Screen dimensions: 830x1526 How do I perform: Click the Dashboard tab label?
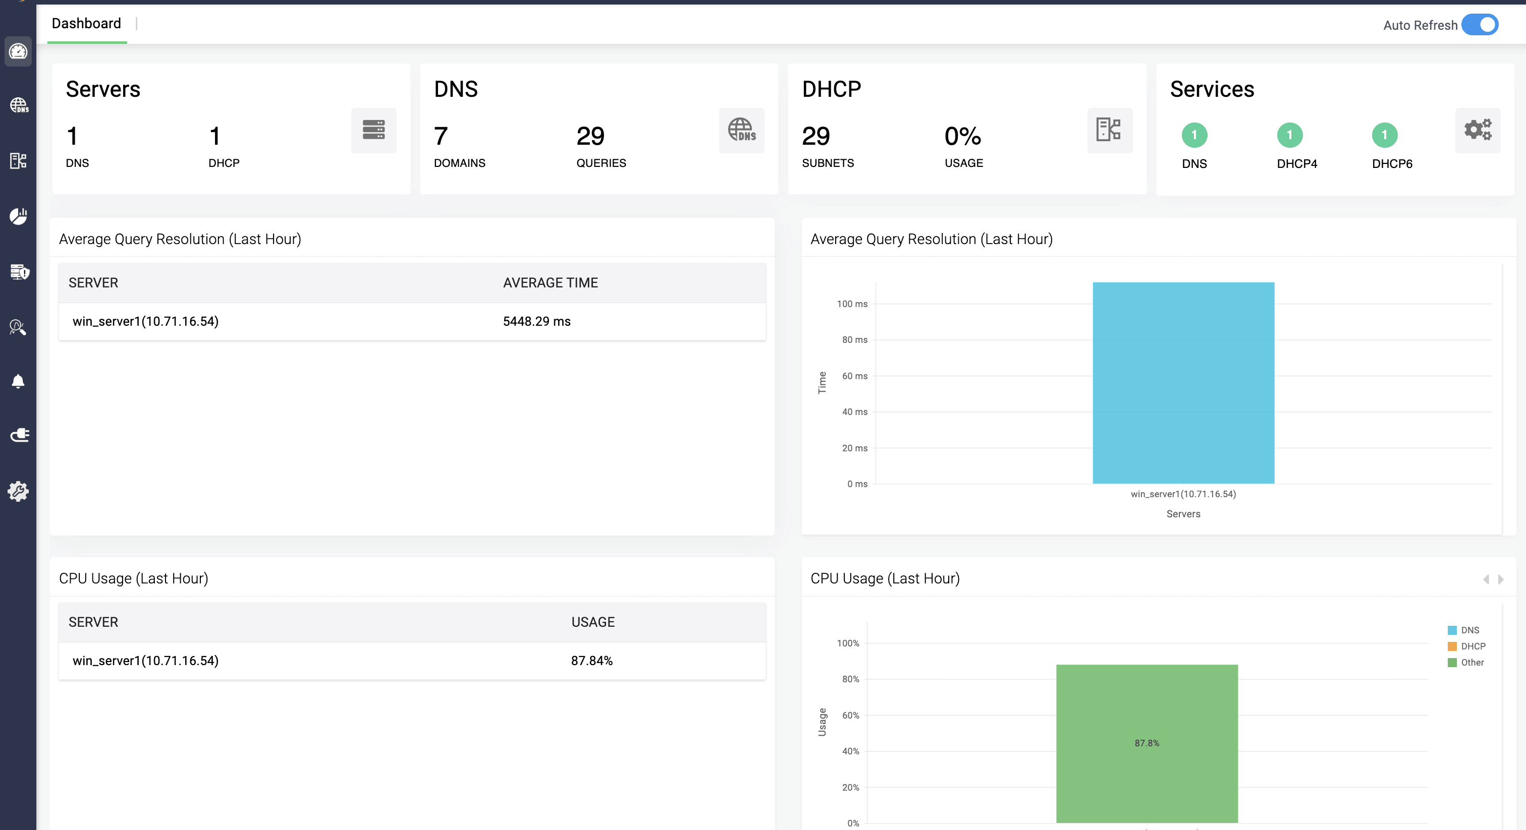pyautogui.click(x=86, y=24)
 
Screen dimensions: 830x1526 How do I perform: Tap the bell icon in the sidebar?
pyautogui.click(x=18, y=381)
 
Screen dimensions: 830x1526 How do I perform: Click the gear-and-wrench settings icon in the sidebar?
pyautogui.click(x=18, y=491)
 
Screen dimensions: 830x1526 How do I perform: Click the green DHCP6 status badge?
pyautogui.click(x=1384, y=135)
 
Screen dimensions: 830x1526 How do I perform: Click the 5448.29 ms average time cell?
pyautogui.click(x=537, y=322)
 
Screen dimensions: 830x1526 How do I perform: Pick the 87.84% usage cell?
pyautogui.click(x=591, y=661)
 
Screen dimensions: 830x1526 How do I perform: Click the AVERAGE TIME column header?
pyautogui.click(x=551, y=283)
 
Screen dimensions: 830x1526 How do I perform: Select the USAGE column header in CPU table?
pyautogui.click(x=592, y=622)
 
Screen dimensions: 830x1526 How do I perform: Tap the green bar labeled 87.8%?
pyautogui.click(x=1147, y=743)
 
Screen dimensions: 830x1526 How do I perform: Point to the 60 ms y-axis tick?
pyautogui.click(x=854, y=376)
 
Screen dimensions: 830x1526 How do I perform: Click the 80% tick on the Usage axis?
pyautogui.click(x=850, y=679)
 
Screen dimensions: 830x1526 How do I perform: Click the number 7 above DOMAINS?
pyautogui.click(x=441, y=136)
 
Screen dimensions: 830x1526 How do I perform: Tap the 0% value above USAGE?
pyautogui.click(x=963, y=136)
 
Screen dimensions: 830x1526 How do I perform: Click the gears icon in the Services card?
pyautogui.click(x=1478, y=130)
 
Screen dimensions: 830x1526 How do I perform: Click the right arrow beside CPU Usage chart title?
pyautogui.click(x=1501, y=579)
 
